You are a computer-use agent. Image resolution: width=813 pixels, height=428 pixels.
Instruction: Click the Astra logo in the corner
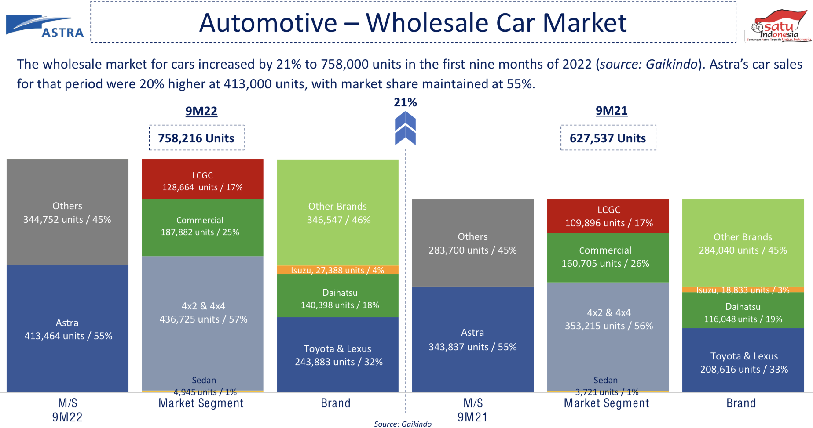[x=45, y=26]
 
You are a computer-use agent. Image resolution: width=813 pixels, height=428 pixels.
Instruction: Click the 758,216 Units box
[x=196, y=138]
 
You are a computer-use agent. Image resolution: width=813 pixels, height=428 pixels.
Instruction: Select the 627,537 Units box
[x=608, y=138]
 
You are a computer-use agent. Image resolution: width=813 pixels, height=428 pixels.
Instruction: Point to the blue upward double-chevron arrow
[x=405, y=128]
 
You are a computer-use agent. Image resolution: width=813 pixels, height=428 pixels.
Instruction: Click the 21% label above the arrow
[x=405, y=102]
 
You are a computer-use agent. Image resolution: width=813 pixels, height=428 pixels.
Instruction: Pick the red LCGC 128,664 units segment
[x=202, y=179]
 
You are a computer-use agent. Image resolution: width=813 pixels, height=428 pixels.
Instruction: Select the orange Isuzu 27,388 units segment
[x=337, y=270]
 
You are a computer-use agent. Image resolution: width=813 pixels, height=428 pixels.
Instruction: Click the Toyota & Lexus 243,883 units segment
[x=337, y=355]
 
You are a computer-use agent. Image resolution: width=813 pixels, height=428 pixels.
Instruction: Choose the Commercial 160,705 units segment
[x=608, y=258]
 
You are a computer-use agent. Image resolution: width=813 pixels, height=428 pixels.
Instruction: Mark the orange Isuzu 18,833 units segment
[x=743, y=290]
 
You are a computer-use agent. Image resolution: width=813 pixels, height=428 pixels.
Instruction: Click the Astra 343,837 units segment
[x=472, y=339]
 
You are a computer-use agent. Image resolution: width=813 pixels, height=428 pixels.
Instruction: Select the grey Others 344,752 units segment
[x=67, y=212]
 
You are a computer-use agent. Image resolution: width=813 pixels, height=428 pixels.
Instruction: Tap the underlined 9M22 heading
[x=201, y=111]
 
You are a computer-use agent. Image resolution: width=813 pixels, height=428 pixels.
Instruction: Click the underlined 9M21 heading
[x=612, y=111]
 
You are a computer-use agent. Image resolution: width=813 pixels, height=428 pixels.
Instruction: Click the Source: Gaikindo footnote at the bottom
[x=403, y=424]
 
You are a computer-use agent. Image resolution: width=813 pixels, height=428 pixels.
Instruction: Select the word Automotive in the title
[x=268, y=23]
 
